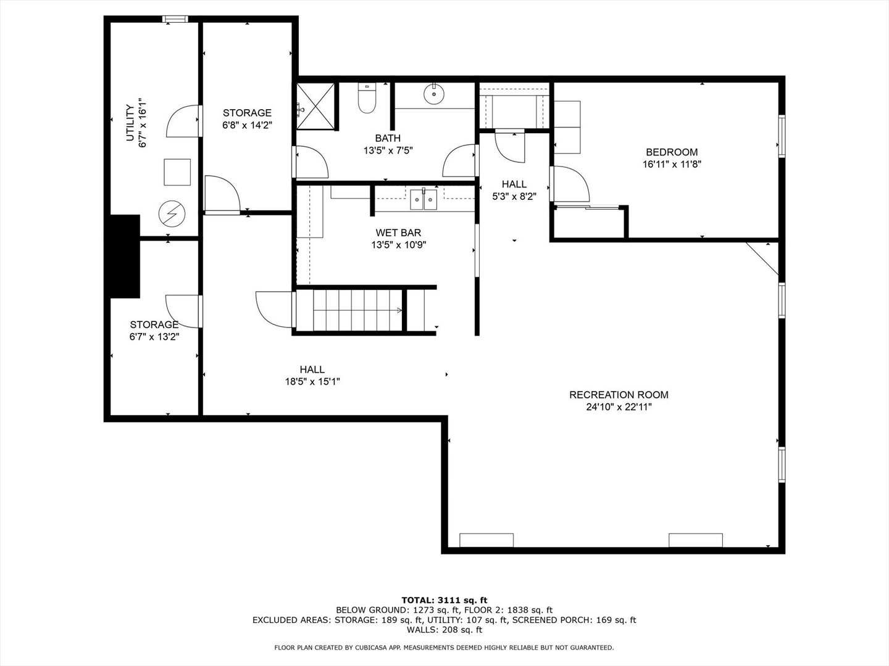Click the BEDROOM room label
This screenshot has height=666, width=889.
coord(672,152)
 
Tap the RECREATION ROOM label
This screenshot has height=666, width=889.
coord(619,395)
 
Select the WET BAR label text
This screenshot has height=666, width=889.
coord(398,232)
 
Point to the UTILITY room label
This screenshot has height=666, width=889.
coord(130,123)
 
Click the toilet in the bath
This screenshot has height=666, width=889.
coord(367,99)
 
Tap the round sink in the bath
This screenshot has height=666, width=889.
coord(434,94)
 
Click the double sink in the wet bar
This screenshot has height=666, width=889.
coord(424,200)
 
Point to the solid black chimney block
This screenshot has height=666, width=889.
coord(124,257)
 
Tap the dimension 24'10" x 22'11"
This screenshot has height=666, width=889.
coord(619,407)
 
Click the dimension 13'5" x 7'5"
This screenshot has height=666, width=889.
coord(387,150)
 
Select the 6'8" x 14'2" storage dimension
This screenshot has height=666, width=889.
coord(247,125)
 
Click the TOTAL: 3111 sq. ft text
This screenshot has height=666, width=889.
coord(444,599)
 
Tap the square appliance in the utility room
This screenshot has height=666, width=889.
coord(177,171)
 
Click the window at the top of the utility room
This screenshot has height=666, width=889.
coord(175,19)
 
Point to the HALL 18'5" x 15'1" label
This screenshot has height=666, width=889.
coord(312,376)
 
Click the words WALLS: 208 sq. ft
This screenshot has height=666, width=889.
coord(444,630)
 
